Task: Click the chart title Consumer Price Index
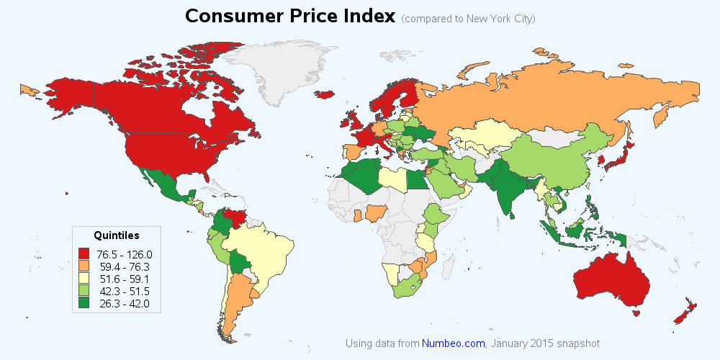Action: tap(290, 16)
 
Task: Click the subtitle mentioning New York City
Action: tap(469, 19)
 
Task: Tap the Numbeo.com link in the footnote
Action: tap(454, 343)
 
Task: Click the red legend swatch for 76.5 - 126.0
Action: tap(85, 253)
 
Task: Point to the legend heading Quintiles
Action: tap(117, 235)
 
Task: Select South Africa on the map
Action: tap(405, 287)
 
